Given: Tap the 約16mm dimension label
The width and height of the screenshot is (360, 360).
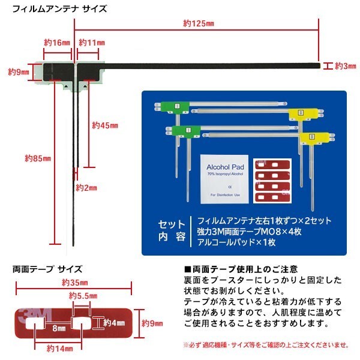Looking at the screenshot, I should pos(58,43).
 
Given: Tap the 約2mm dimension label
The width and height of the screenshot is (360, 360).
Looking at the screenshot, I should pos(86,188).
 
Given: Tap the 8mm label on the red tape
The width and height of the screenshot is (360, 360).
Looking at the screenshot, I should pos(58,329).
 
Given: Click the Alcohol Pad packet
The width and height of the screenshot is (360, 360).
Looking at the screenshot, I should pos(221,178).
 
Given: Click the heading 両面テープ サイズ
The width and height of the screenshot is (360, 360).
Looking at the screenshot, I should pos(47,269).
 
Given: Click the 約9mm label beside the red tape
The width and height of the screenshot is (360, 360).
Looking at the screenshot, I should pos(152,323).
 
